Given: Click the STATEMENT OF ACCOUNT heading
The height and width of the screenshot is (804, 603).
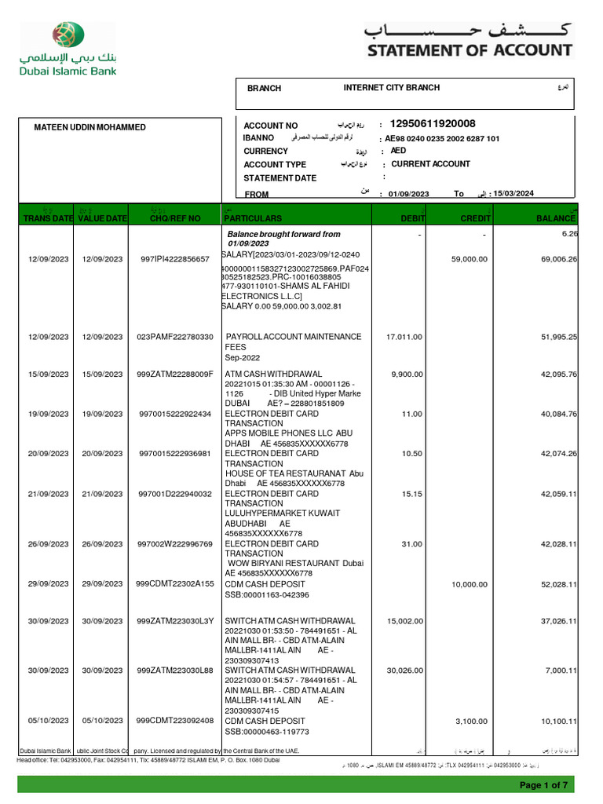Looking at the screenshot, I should (470, 50).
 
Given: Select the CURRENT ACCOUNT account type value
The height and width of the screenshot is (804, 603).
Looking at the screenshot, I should (430, 164).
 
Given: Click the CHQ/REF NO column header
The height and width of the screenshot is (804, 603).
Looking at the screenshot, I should (174, 217).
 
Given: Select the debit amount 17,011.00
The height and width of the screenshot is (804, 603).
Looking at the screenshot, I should (404, 337).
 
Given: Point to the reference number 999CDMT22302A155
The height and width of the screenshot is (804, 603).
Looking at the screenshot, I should (175, 584).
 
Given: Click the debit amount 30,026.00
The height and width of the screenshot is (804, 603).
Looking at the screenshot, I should (404, 671).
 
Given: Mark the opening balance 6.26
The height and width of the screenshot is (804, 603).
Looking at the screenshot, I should (569, 234).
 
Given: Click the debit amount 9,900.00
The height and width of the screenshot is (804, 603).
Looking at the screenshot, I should (407, 375).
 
